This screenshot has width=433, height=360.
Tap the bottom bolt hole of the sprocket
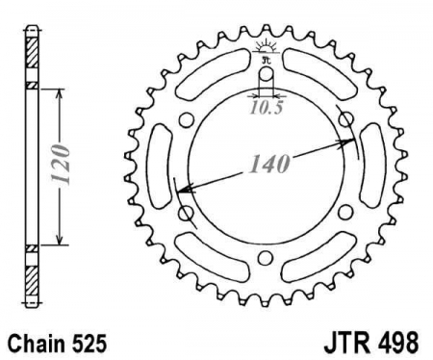[x=266, y=256]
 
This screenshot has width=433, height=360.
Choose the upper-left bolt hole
[x=186, y=118]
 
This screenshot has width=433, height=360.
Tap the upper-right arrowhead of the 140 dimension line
[x=352, y=141]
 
